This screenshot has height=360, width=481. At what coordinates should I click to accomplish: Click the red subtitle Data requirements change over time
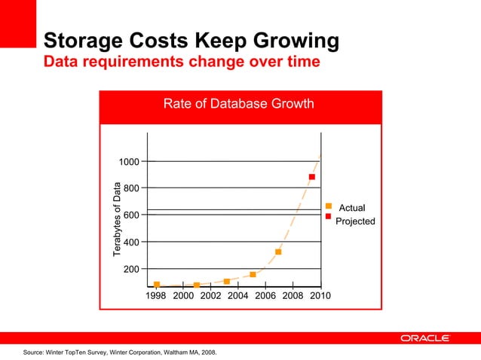pyautogui.click(x=182, y=61)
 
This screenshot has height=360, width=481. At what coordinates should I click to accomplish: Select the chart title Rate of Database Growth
pyautogui.click(x=238, y=104)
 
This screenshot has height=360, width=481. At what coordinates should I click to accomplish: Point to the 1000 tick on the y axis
pyautogui.click(x=128, y=161)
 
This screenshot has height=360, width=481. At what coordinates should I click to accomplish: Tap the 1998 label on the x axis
pyautogui.click(x=156, y=296)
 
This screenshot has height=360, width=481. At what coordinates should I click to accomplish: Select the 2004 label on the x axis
pyautogui.click(x=238, y=296)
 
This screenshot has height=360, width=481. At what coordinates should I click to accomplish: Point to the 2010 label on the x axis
pyautogui.click(x=320, y=296)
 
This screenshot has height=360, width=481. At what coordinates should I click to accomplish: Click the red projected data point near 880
pyautogui.click(x=311, y=177)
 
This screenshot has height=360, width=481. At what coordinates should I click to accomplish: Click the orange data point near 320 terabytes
pyautogui.click(x=278, y=252)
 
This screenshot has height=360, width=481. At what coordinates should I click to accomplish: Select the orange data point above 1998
pyautogui.click(x=157, y=285)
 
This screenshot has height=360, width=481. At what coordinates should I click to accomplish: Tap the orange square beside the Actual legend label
pyautogui.click(x=329, y=206)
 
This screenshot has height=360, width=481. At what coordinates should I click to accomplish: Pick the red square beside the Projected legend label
pyautogui.click(x=329, y=217)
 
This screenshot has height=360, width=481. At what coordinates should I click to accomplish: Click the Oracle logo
pyautogui.click(x=425, y=338)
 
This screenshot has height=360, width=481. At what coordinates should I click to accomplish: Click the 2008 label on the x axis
pyautogui.click(x=293, y=296)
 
